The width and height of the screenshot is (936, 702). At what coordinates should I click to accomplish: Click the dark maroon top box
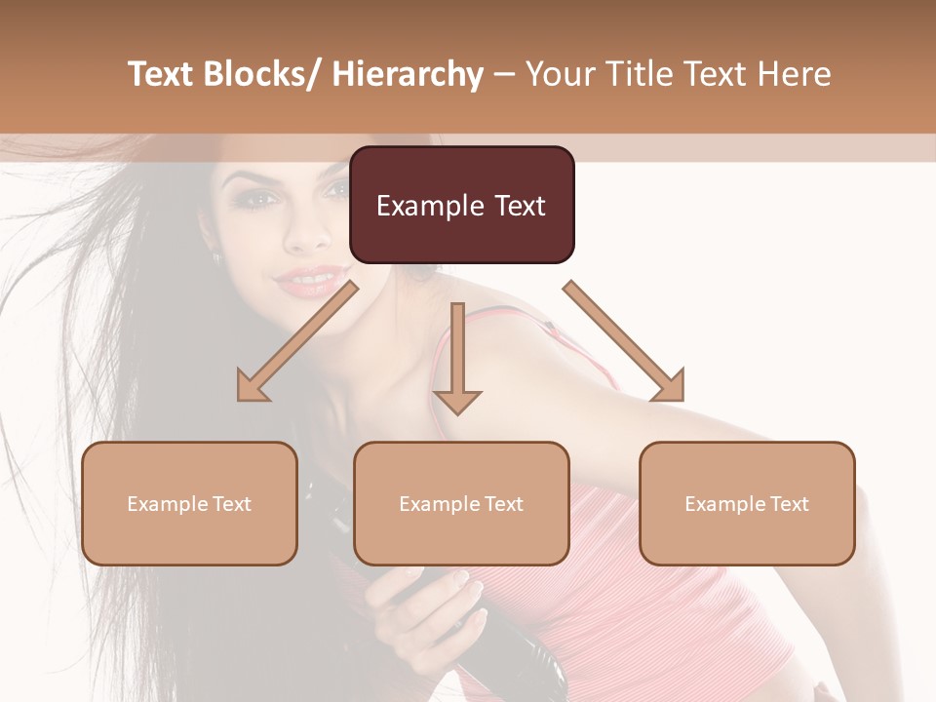pyautogui.click(x=461, y=205)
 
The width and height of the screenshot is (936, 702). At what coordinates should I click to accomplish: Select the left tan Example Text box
pyautogui.click(x=189, y=503)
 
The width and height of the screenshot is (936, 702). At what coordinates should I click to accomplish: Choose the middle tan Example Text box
pyautogui.click(x=461, y=503)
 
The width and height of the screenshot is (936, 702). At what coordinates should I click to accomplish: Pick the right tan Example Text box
pyautogui.click(x=747, y=503)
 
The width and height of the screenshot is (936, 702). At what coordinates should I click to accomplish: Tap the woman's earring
pyautogui.click(x=216, y=257)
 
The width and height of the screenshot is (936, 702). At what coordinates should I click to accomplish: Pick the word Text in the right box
pyautogui.click(x=789, y=504)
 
